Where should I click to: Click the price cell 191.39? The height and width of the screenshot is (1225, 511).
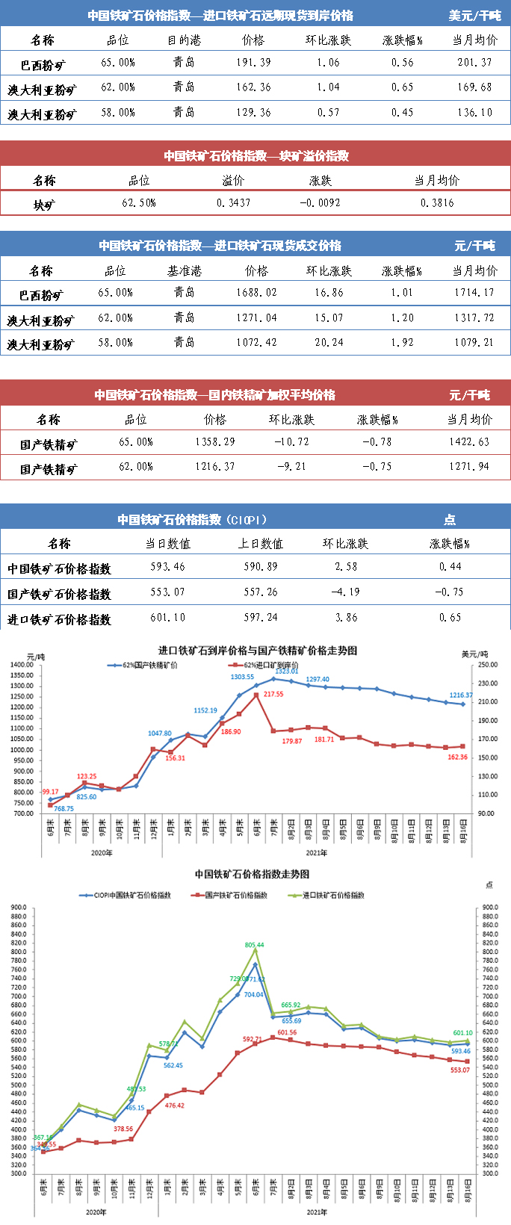tap(253, 63)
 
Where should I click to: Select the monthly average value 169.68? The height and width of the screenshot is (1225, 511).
tap(474, 87)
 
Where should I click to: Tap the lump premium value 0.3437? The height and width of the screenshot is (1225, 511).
tap(233, 203)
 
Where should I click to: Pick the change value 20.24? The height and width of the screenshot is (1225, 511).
tap(329, 343)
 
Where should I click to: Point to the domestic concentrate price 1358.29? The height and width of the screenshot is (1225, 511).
tap(215, 442)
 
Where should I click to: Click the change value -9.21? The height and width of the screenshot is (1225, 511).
tap(291, 467)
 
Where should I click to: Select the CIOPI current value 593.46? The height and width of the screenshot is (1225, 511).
tap(167, 567)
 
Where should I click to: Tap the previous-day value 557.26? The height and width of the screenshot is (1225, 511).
tap(261, 592)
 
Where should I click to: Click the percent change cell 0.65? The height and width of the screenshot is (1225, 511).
tap(450, 618)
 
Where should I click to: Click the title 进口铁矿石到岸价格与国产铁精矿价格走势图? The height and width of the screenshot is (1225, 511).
tap(257, 651)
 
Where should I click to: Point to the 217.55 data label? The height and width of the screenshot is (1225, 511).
tap(273, 694)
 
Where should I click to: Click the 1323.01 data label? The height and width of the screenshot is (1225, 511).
tap(285, 671)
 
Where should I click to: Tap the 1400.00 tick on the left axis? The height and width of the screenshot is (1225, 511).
tap(22, 665)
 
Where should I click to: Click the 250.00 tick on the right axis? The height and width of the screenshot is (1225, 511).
tap(488, 665)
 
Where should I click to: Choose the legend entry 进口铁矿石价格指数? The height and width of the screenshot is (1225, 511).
tap(333, 895)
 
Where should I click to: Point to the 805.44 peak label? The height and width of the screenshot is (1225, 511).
tap(255, 945)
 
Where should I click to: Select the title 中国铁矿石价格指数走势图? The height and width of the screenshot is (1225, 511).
tap(252, 874)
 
